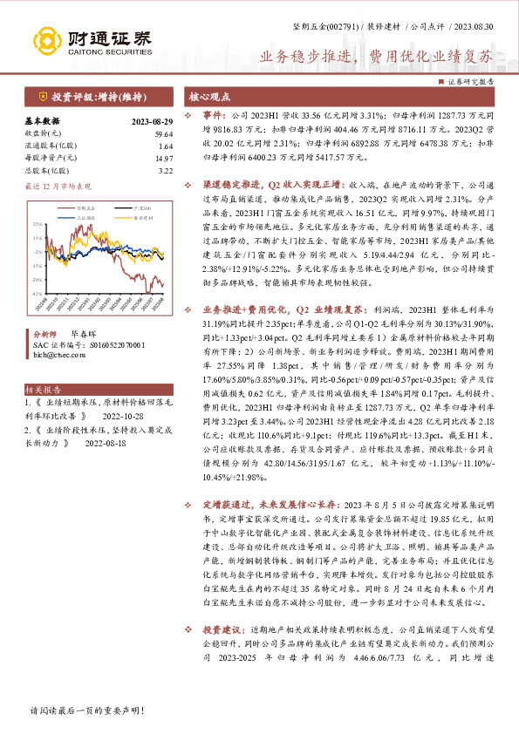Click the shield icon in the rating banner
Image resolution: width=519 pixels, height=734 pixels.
coord(42,96)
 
